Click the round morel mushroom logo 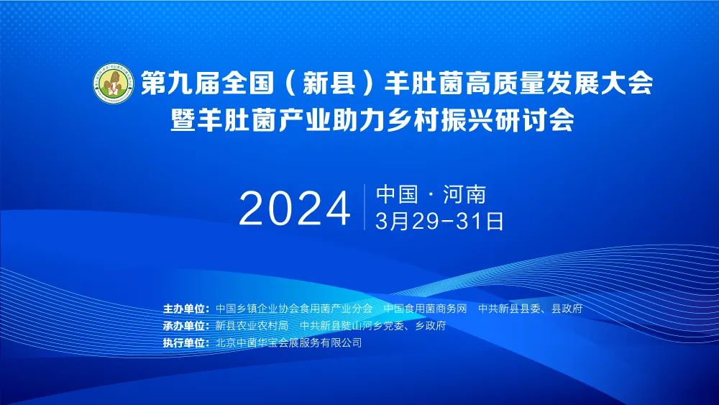114,83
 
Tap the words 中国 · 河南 431,194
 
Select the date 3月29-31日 439,221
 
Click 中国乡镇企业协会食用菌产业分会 294,309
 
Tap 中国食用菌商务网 425,309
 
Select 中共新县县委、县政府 530,309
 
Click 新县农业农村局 252,326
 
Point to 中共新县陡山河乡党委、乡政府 372,326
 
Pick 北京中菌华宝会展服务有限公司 288,342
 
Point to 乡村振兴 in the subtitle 440,121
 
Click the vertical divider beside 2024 365,207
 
